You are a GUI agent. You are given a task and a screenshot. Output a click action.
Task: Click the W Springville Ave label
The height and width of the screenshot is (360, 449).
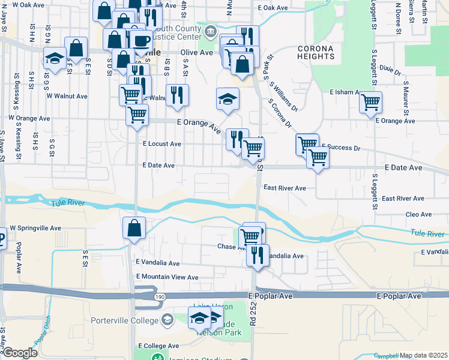click(x=35, y=229)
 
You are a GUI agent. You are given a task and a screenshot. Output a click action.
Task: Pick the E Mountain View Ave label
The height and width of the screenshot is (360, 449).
click(x=167, y=277)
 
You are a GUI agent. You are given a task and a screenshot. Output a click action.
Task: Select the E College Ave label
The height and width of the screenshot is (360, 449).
click(x=158, y=346)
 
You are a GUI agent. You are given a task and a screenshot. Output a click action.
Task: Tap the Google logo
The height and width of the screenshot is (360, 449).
click(x=20, y=353)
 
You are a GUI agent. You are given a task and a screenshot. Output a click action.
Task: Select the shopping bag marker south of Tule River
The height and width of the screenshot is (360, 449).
click(x=134, y=228)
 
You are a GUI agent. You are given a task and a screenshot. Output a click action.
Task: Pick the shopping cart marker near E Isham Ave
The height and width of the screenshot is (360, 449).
click(x=371, y=101)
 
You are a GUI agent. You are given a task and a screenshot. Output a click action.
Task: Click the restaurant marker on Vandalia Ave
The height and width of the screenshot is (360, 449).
click(x=258, y=254)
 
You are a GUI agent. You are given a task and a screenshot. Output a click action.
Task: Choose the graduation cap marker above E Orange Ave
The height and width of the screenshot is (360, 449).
click(x=228, y=99)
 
